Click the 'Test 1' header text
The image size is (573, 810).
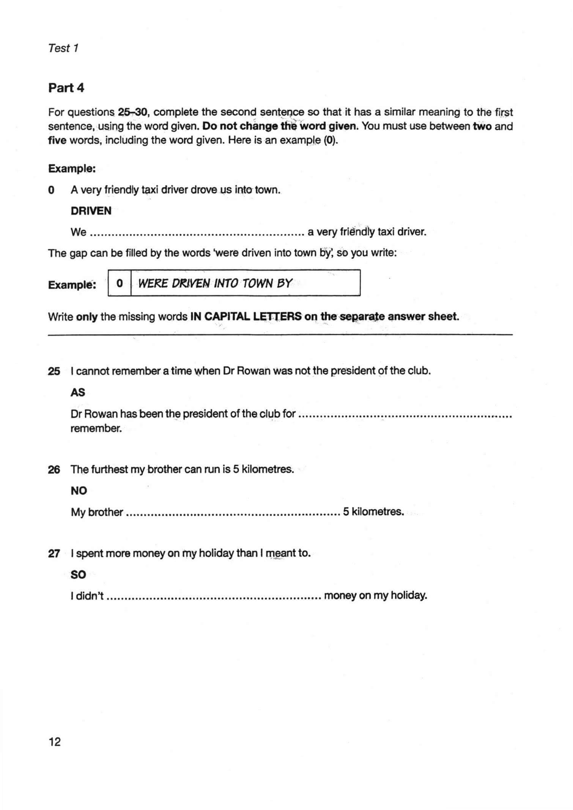click(x=63, y=48)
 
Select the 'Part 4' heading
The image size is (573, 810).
click(x=66, y=88)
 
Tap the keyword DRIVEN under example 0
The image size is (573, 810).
click(x=91, y=211)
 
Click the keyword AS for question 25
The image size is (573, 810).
click(x=78, y=392)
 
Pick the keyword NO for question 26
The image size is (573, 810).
click(x=79, y=491)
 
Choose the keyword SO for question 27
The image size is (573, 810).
click(x=79, y=575)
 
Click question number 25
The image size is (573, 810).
click(x=54, y=371)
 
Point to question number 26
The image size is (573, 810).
click(x=54, y=470)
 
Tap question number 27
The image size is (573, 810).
click(x=54, y=554)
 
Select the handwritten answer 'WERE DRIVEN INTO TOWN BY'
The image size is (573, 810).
click(x=215, y=283)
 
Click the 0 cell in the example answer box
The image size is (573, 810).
click(x=120, y=283)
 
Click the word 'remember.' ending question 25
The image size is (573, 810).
click(x=96, y=429)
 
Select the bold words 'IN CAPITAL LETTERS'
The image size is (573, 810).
click(x=246, y=316)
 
